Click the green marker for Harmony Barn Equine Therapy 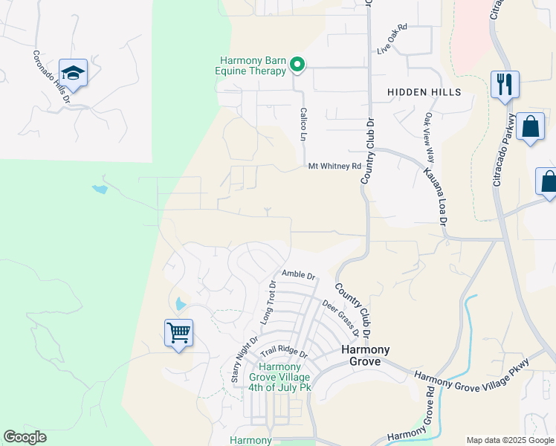pyautogui.click(x=297, y=65)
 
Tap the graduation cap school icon pyautogui.click(x=73, y=72)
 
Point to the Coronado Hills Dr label pyautogui.click(x=51, y=77)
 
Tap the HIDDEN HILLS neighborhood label pyautogui.click(x=424, y=92)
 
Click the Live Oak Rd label pyautogui.click(x=392, y=37)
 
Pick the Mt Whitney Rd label pyautogui.click(x=334, y=167)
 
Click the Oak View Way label pyautogui.click(x=429, y=138)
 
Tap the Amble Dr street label pyautogui.click(x=298, y=274)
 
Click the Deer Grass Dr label pyautogui.click(x=340, y=317)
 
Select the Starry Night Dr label pyautogui.click(x=244, y=359)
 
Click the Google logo pyautogui.click(x=25, y=437)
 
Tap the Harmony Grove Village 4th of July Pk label pyautogui.click(x=279, y=377)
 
